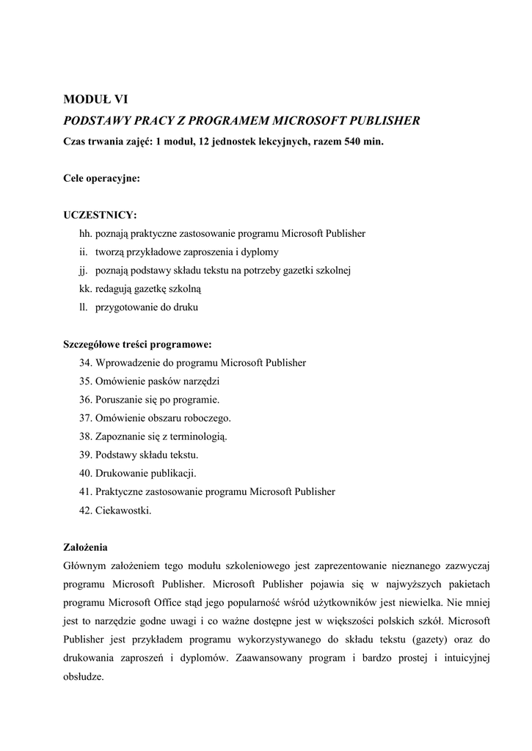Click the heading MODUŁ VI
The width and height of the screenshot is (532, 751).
click(x=96, y=100)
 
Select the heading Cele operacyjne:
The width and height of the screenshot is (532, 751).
click(x=101, y=178)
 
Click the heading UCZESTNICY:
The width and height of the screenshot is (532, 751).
click(x=100, y=215)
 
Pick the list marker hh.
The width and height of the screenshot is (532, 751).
click(x=84, y=234)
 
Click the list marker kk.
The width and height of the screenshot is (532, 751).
click(x=84, y=289)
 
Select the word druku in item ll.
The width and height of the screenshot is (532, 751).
click(x=185, y=307)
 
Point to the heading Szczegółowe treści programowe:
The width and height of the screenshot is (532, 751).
click(x=138, y=344)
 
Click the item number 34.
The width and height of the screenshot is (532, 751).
click(x=84, y=363)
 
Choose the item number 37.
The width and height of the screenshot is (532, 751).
click(x=84, y=418)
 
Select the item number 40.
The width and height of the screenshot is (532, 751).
click(x=84, y=473)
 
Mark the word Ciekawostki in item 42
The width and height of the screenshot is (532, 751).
click(x=123, y=510)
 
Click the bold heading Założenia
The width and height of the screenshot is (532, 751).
click(x=86, y=547)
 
